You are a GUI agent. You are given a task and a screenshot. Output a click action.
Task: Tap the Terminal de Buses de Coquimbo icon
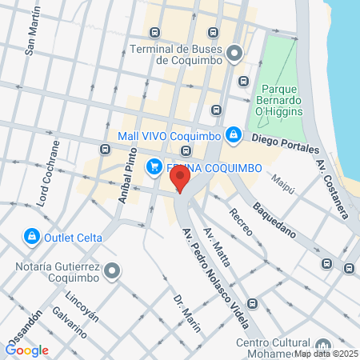click(234, 54)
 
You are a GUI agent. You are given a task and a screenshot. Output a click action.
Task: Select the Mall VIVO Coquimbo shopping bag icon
click(233, 135)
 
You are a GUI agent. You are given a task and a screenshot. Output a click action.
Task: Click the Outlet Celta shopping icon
click(31, 237)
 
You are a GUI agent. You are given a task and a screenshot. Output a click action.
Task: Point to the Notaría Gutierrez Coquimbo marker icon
click(112, 270)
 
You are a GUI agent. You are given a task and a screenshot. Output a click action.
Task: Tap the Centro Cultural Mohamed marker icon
click(322, 344)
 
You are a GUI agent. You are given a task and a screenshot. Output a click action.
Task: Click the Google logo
click(27, 350)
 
